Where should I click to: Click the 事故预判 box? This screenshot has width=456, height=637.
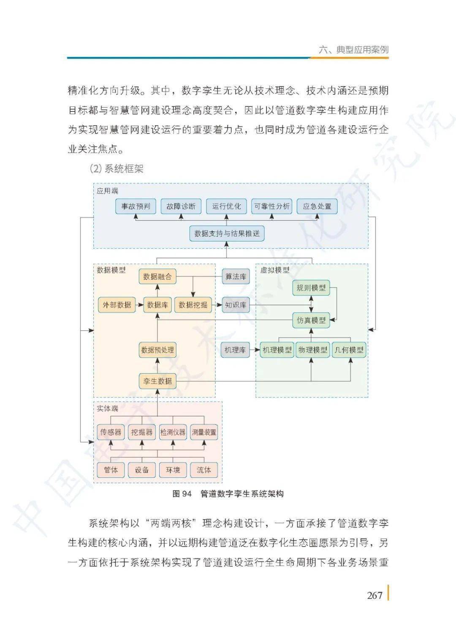coord(136,206)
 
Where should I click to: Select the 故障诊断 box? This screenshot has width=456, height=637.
coord(181,206)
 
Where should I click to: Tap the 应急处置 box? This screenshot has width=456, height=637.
coord(317,206)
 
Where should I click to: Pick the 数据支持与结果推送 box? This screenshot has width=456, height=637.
coord(227,233)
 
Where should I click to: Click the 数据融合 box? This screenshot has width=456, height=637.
coord(157,276)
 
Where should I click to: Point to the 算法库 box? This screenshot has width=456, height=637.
coord(236,276)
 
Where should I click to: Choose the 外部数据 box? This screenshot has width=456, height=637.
coord(117,305)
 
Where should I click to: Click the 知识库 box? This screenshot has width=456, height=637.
coord(236,305)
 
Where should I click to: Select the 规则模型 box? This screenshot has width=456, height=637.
coord(311,288)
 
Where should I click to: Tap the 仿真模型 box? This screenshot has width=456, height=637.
coord(311,320)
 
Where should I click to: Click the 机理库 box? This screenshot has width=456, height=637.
coord(235,350)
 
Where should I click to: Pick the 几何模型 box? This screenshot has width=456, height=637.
coord(349,350)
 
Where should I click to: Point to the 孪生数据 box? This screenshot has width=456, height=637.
coord(157,381)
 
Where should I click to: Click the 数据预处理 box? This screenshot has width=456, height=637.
coord(157,350)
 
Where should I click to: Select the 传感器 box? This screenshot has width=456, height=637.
coord(111,432)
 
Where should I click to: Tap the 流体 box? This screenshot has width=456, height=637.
coord(204,470)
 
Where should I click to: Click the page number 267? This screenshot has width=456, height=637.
coord(375,595)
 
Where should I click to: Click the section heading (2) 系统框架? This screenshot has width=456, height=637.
coord(117,169)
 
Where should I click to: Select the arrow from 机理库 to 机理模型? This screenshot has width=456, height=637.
coord(255,350)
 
